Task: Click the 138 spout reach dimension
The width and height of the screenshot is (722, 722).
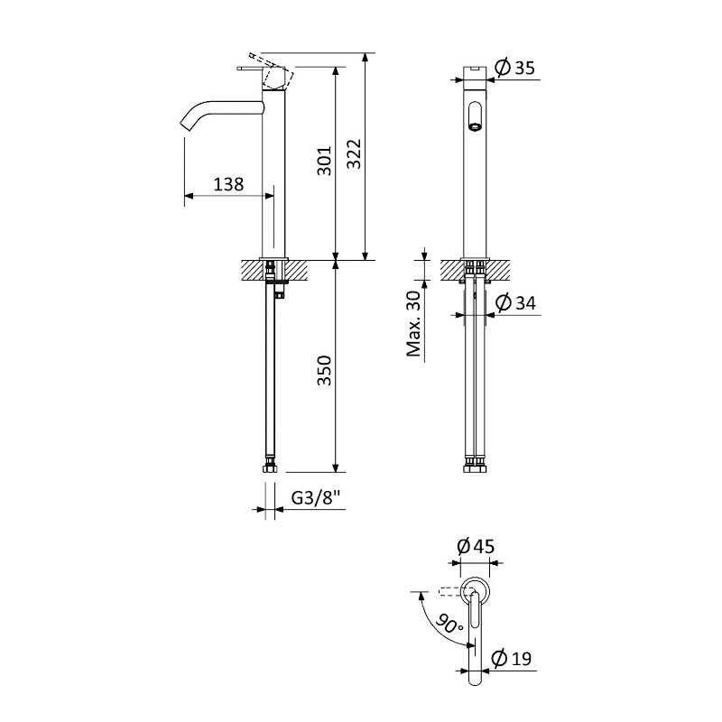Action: pyautogui.click(x=228, y=185)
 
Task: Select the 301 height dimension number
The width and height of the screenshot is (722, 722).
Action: pyautogui.click(x=325, y=161)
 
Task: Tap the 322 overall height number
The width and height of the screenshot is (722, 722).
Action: pyautogui.click(x=354, y=153)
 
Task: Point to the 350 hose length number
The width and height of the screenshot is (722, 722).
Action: pyautogui.click(x=325, y=370)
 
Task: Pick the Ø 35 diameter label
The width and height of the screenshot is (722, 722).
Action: pyautogui.click(x=514, y=68)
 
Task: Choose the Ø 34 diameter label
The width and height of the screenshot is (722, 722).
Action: pyautogui.click(x=515, y=303)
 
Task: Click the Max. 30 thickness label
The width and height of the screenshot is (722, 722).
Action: pyautogui.click(x=414, y=324)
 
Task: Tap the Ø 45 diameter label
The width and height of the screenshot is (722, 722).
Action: pyautogui.click(x=476, y=547)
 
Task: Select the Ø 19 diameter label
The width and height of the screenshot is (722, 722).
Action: pyautogui.click(x=511, y=659)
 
